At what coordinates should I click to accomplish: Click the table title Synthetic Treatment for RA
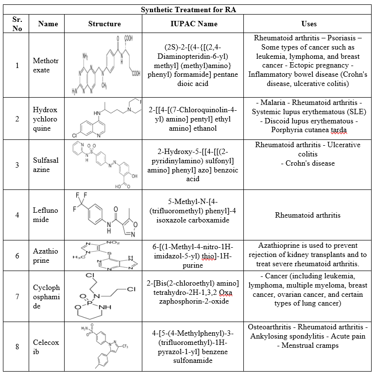tap(187, 10)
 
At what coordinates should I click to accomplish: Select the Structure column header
tap(104, 23)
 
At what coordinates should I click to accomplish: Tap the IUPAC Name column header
tap(194, 23)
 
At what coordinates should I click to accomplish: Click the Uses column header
tap(309, 23)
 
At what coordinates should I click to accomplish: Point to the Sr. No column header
tap(17, 23)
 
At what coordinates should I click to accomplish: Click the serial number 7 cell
tap(17, 296)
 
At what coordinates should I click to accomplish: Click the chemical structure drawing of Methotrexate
tap(104, 65)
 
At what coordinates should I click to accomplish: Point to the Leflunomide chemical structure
tap(104, 215)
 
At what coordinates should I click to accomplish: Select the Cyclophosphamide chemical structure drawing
tap(104, 296)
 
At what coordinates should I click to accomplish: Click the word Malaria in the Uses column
tap(271, 103)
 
